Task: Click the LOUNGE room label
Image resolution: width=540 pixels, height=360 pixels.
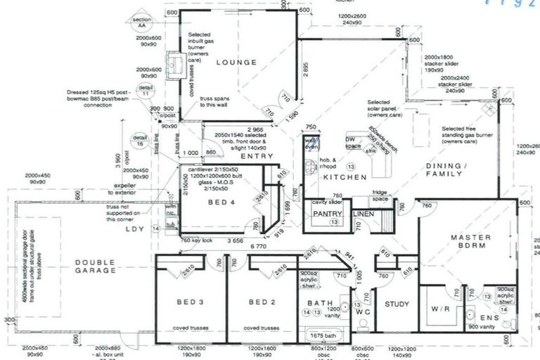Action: coord(237,63)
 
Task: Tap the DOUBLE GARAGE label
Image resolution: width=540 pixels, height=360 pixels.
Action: coord(95,266)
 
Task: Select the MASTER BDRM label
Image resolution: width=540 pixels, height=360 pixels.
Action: coord(470,243)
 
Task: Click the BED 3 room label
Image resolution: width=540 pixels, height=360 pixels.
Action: coord(191,302)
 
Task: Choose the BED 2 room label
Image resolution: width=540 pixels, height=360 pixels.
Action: coord(261,302)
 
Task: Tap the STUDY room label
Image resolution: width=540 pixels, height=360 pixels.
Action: coord(397,304)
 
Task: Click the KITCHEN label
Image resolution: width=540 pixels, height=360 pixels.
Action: coord(345,178)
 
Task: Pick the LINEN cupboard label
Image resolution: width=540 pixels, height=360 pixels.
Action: coord(364,213)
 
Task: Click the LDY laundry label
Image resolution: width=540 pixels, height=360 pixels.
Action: coord(134,229)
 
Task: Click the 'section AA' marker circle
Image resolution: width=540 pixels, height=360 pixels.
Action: coord(143,22)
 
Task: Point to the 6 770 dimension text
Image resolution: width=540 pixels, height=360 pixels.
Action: coord(259,247)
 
